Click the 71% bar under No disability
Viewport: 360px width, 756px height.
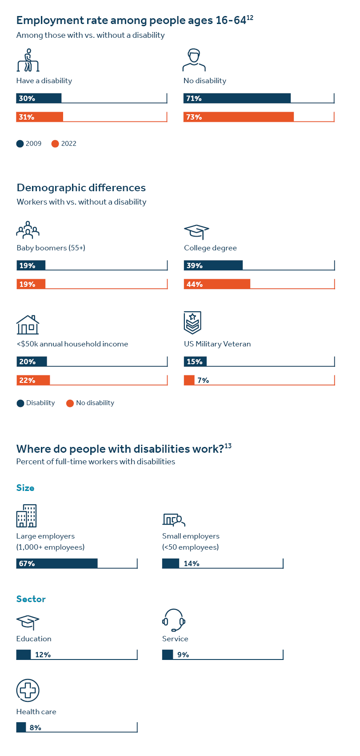pos(237,98)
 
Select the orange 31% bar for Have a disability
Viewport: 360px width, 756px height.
pos(40,117)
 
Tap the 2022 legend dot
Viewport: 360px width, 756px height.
pos(55,144)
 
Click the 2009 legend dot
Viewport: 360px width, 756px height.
pos(20,144)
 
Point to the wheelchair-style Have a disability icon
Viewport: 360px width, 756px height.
pos(28,60)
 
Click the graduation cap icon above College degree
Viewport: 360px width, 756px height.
pos(196,232)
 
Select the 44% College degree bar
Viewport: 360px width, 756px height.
pos(217,284)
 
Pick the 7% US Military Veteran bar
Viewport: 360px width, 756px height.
pos(189,380)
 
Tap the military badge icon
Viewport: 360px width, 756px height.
pos(192,322)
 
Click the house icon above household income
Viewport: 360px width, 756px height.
pos(28,325)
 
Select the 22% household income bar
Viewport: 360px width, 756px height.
pos(33,380)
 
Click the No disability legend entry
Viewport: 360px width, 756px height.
pos(90,403)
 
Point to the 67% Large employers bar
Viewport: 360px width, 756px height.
pos(57,563)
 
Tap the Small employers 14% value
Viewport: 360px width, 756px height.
pos(192,563)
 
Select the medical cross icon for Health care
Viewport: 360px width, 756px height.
pos(28,691)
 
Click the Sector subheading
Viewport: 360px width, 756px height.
pos(31,599)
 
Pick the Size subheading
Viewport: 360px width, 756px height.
pos(25,488)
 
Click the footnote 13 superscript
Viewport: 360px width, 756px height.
pos(228,446)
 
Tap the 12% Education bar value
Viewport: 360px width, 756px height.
pos(43,655)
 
